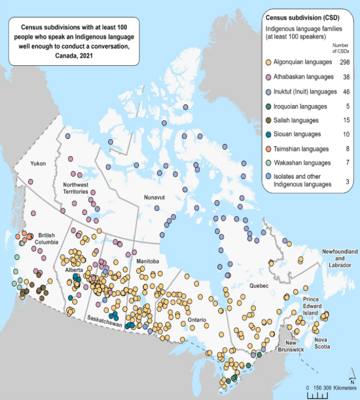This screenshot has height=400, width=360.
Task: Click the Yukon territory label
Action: click(37, 163)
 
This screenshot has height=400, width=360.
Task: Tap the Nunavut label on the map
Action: click(154, 198)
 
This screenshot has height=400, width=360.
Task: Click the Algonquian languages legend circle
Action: click(269, 63)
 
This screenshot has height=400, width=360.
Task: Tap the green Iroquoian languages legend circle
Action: click(269, 106)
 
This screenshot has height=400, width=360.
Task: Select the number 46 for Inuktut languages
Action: click(346, 92)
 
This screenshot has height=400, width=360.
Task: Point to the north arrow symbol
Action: click(351, 374)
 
